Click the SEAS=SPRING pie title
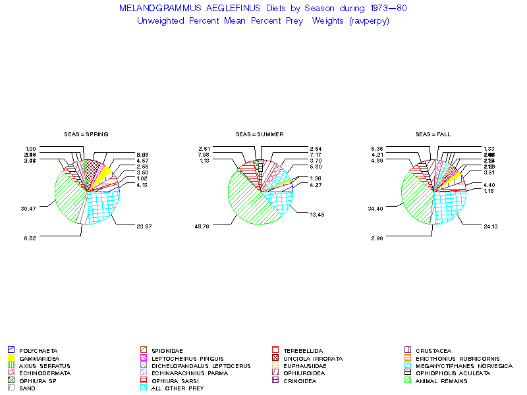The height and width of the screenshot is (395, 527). click(86, 134)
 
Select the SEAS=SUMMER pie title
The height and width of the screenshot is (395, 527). click(260, 134)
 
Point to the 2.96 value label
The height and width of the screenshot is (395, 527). click(377, 238)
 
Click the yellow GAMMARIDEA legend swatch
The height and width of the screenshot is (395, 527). click(11, 357)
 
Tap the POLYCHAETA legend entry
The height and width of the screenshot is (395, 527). click(38, 350)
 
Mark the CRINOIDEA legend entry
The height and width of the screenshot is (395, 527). click(304, 381)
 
